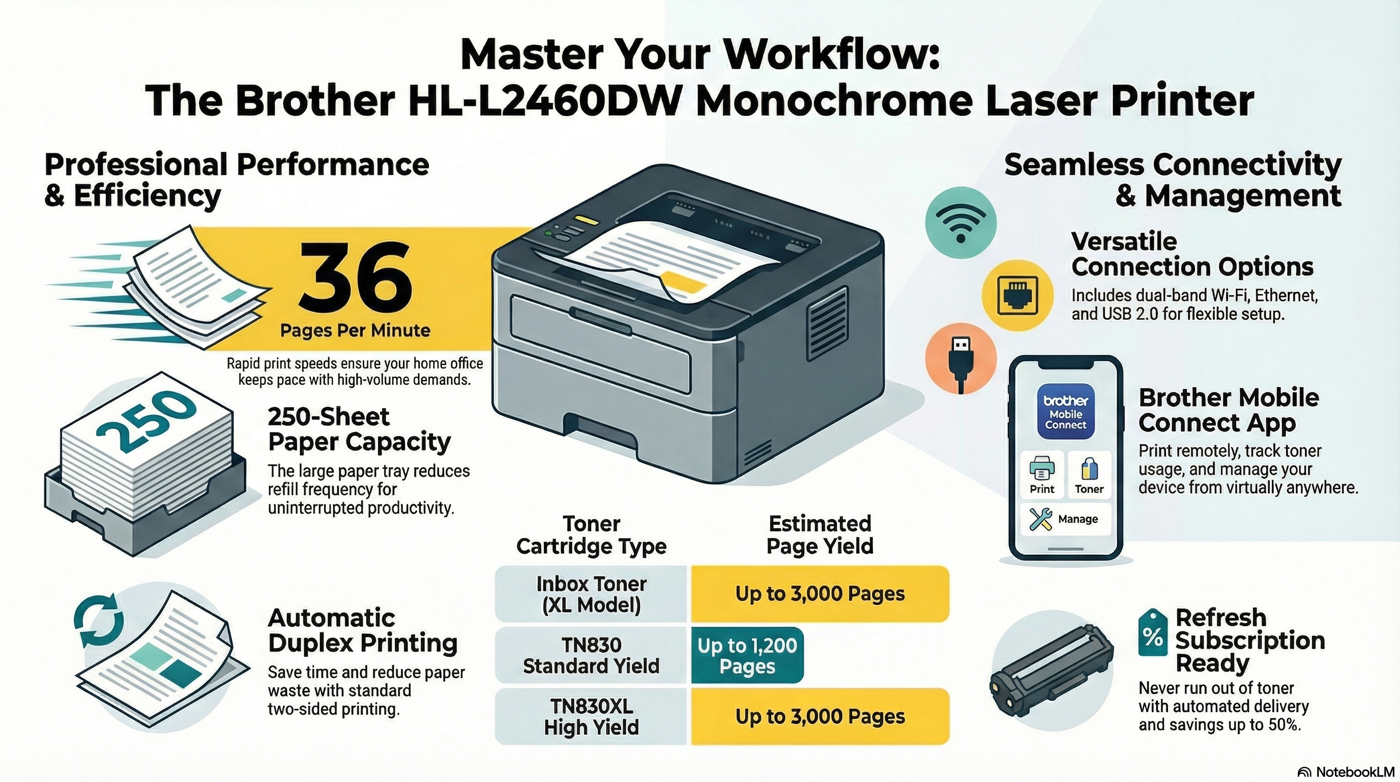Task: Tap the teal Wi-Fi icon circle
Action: pyautogui.click(x=960, y=222)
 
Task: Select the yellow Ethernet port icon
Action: pyautogui.click(x=1017, y=295)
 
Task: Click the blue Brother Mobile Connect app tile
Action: pyautogui.click(x=1065, y=412)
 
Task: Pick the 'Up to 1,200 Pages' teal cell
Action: pyautogui.click(x=747, y=655)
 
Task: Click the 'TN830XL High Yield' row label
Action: pyautogui.click(x=591, y=716)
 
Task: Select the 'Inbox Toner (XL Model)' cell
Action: pyautogui.click(x=591, y=594)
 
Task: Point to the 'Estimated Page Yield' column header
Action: pyautogui.click(x=820, y=535)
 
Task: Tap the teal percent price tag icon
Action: pyautogui.click(x=1152, y=634)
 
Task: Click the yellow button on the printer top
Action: pyautogui.click(x=589, y=220)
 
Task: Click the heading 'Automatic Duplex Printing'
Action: pyautogui.click(x=362, y=630)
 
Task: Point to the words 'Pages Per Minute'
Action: pyautogui.click(x=355, y=330)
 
